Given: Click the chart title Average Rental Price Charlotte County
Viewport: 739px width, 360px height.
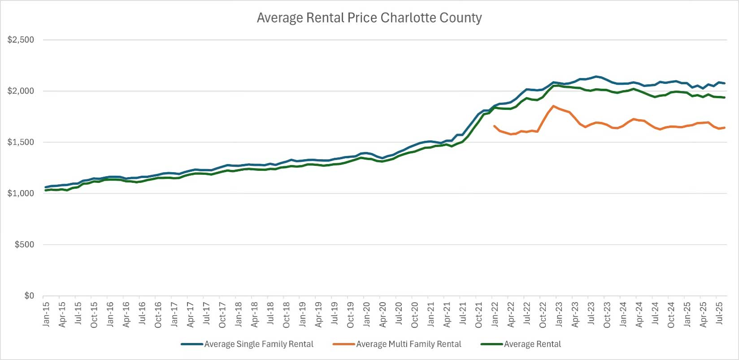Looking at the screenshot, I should coord(369,18).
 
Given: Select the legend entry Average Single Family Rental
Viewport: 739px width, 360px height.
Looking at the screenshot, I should coord(259,344).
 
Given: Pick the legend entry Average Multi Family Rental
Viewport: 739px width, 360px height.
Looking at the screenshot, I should coord(409,344).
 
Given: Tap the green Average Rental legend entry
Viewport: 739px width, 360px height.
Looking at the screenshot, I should coord(532,344).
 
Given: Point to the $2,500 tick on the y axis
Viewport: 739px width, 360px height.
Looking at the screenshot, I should coord(21,40).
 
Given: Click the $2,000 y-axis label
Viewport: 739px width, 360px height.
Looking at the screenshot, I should coord(21,91).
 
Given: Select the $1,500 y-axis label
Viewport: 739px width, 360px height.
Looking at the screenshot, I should coord(21,142).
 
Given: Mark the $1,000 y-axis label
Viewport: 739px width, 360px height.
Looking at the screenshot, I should coord(21,193).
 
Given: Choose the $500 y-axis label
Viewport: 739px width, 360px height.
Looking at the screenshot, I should coord(24,245).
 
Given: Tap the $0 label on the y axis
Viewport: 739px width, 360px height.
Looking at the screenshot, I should coord(29,296).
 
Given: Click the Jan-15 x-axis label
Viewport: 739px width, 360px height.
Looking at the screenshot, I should coord(46,314).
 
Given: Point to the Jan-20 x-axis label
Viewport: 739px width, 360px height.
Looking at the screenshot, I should coord(367,314).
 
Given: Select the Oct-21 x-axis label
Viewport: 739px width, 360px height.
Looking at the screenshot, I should coord(479,314).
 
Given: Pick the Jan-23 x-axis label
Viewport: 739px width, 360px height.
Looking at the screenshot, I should coord(559,314).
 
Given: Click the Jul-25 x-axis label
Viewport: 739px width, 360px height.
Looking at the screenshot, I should coord(719,314).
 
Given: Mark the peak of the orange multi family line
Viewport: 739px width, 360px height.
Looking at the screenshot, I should coord(553,106).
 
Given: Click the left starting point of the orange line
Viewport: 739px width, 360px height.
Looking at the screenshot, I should coord(494,126).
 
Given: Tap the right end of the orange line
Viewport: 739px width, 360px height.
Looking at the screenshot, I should coord(725,128).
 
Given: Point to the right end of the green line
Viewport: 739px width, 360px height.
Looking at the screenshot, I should coord(725,98).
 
